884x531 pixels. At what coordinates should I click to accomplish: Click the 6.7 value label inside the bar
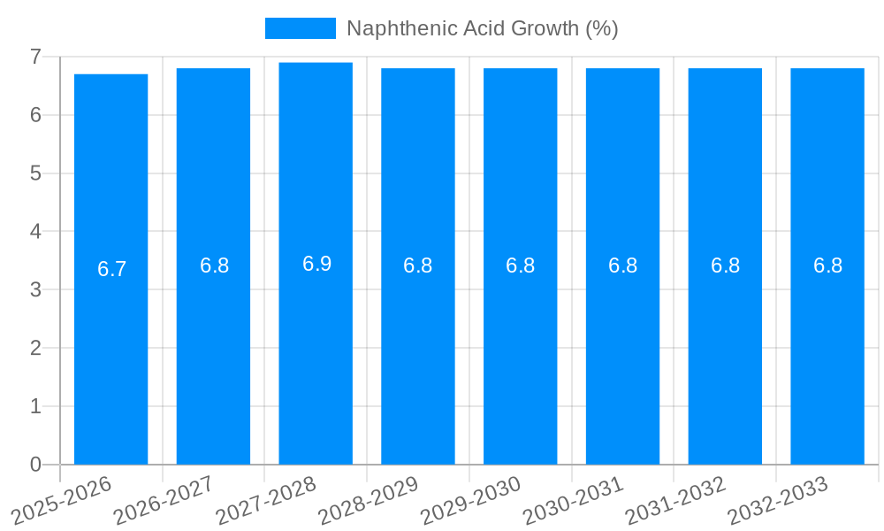(x=112, y=269)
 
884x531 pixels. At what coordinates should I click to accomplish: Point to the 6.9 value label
(x=316, y=264)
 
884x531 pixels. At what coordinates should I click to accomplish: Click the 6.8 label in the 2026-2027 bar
(x=214, y=265)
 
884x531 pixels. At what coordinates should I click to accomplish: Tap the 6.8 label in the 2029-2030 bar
(x=520, y=265)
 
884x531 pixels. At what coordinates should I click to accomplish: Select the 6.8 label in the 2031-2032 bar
(x=725, y=265)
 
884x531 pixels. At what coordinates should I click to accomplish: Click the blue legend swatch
(x=301, y=28)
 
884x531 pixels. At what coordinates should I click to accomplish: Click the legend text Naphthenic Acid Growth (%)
(x=482, y=28)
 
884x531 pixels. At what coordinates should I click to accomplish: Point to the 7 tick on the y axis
(x=35, y=57)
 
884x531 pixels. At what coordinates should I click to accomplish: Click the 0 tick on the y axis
(x=35, y=465)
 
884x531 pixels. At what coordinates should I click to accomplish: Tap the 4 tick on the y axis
(x=35, y=232)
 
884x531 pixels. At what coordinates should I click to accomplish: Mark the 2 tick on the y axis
(x=35, y=348)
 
